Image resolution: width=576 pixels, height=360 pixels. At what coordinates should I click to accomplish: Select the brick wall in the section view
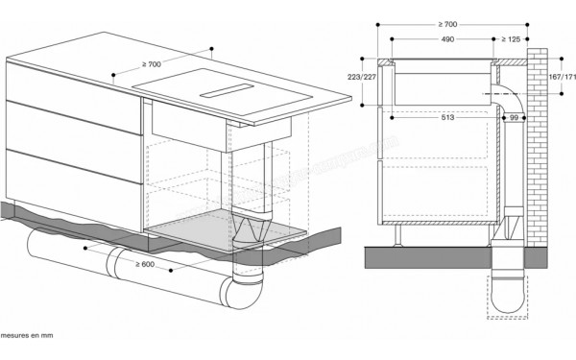point(537,154)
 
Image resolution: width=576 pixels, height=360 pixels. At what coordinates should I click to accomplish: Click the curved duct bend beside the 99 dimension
point(508,96)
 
